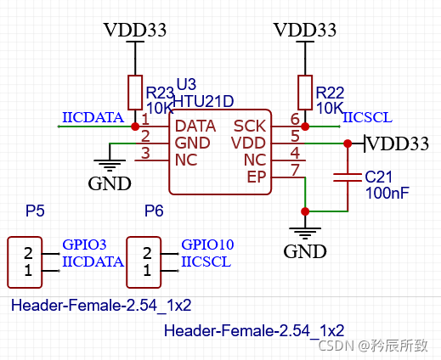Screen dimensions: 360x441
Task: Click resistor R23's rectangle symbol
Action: click(x=135, y=91)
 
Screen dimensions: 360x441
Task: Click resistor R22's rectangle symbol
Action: click(x=305, y=91)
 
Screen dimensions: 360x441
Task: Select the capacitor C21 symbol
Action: click(x=348, y=177)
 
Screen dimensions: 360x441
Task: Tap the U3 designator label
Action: click(x=186, y=85)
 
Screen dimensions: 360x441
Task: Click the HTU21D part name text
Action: click(x=205, y=101)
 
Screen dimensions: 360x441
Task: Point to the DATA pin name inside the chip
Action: click(x=195, y=126)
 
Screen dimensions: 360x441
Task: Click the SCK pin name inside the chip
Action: click(x=250, y=126)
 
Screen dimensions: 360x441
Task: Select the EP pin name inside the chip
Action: click(x=256, y=177)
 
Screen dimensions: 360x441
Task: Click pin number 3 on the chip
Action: click(x=145, y=154)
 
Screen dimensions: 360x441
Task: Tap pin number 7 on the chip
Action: click(x=294, y=170)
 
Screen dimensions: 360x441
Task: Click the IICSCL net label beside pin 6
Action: click(x=367, y=117)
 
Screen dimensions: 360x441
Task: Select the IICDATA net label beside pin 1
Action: click(x=93, y=117)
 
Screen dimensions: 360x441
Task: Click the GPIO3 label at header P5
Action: click(x=84, y=245)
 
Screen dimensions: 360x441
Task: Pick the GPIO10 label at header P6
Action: click(x=207, y=245)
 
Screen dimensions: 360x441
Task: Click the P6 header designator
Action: click(x=154, y=211)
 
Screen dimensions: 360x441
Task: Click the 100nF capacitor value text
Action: click(x=387, y=194)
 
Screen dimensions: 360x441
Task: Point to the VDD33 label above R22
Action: click(x=305, y=30)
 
